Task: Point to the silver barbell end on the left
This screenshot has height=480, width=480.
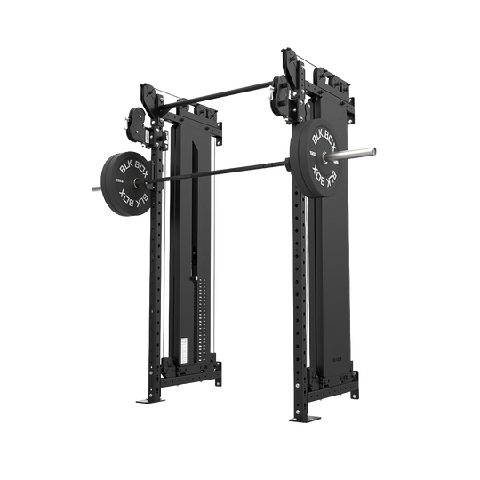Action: [92, 187]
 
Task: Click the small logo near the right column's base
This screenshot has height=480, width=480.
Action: [342, 362]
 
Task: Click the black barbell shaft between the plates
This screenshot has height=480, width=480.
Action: [222, 169]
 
